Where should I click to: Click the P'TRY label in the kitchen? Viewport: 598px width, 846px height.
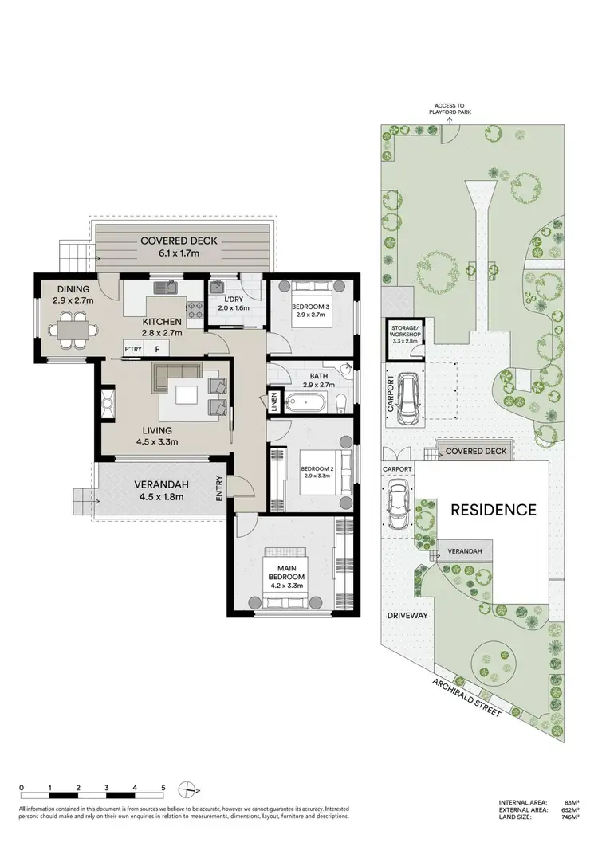[x=132, y=349]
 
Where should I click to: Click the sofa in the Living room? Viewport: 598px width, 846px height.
[x=178, y=373]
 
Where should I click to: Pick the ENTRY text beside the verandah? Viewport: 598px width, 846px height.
[x=220, y=488]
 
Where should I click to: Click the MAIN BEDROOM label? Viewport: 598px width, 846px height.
[x=285, y=572]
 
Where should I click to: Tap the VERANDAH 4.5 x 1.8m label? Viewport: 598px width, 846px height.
[x=151, y=489]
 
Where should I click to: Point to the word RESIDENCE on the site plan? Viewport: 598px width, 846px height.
[x=494, y=510]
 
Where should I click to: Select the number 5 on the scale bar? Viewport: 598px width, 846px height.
[x=163, y=787]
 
